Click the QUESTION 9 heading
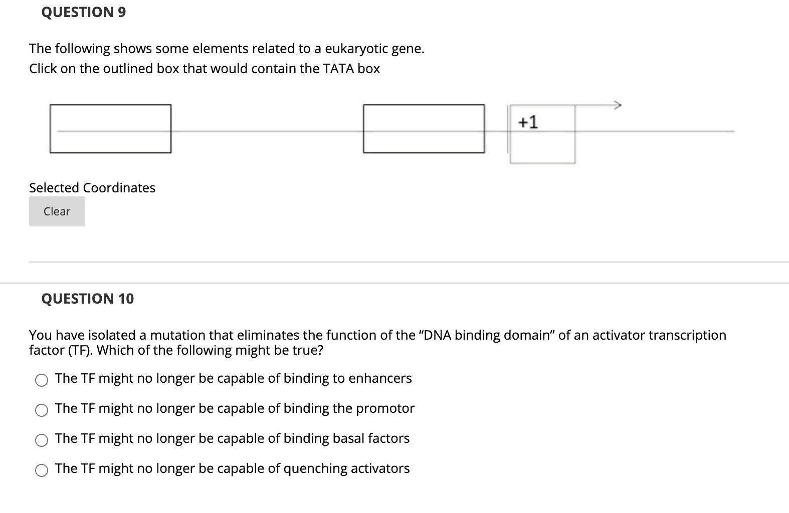pos(83,12)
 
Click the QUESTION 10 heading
pos(87,299)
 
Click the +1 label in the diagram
pos(528,122)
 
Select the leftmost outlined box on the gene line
pos(110,128)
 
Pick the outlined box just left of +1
pos(424,128)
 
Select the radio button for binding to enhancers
pos(42,380)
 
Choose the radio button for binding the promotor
pos(42,410)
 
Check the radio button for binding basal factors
pos(42,440)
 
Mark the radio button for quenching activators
pos(42,470)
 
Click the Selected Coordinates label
pos(92,188)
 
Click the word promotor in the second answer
pos(385,408)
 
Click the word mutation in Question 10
pos(178,335)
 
